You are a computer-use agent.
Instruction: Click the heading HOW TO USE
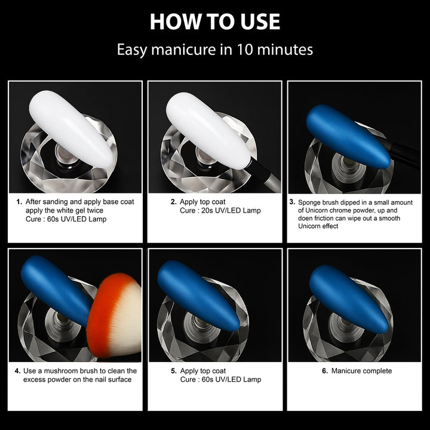coord(215,21)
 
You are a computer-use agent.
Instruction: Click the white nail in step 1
coord(71,129)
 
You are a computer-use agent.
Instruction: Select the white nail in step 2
coord(208,131)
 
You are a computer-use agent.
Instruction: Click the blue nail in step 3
coord(348,137)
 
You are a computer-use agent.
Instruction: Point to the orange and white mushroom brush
coord(115,315)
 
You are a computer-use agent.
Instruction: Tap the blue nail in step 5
coord(198,296)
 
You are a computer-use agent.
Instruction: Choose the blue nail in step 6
coord(349,299)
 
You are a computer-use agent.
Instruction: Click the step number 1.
coord(19,202)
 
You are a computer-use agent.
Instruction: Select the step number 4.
coord(17,371)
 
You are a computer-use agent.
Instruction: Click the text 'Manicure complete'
coord(361,371)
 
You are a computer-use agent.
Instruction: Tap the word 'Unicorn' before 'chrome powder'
coord(317,210)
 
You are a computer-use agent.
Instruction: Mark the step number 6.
coord(325,371)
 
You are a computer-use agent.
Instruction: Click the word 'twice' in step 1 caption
coord(95,211)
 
